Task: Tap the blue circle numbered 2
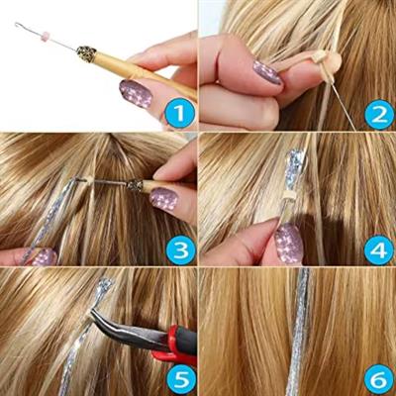point(378,115)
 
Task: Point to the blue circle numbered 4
point(378,249)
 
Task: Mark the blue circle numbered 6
point(378,380)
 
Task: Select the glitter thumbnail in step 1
point(135,94)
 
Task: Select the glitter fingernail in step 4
point(289,243)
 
